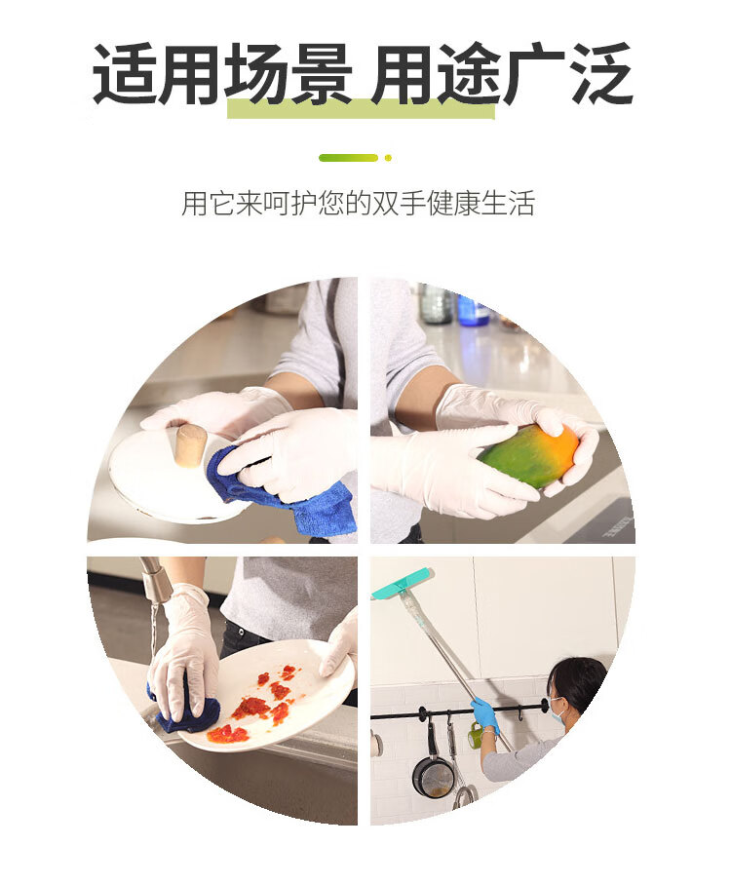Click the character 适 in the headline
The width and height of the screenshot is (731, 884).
[x=124, y=74]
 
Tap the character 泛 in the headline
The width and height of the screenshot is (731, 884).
[x=601, y=74]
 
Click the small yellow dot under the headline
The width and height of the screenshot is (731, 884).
[x=388, y=158]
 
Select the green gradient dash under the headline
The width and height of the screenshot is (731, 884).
[x=348, y=158]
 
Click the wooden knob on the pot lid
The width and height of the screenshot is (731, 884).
[x=189, y=445]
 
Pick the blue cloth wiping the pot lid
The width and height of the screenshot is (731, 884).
[x=282, y=490]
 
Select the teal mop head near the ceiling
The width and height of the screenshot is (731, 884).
[x=402, y=583]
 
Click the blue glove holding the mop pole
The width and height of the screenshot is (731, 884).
[x=484, y=714]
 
